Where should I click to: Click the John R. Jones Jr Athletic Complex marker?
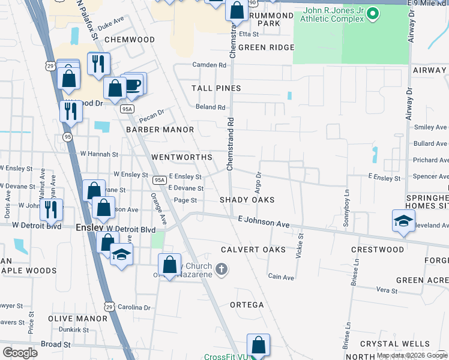point(373,13)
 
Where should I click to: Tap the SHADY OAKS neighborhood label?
point(247,200)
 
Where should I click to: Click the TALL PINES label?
point(216,88)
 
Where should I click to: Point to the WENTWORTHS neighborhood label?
point(182,157)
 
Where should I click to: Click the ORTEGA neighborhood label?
point(247,305)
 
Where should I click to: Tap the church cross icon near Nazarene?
point(221,269)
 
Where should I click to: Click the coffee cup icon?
point(133,84)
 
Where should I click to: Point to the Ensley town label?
point(90,229)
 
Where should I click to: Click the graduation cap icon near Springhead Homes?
point(403,220)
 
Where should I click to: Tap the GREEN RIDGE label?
point(266,47)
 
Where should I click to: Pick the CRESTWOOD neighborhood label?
point(377,250)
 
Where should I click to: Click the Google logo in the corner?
point(20,352)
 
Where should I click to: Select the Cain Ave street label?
point(281,277)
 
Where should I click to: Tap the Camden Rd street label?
point(209,65)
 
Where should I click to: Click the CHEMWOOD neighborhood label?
point(129,40)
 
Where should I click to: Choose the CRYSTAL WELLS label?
point(394,344)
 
